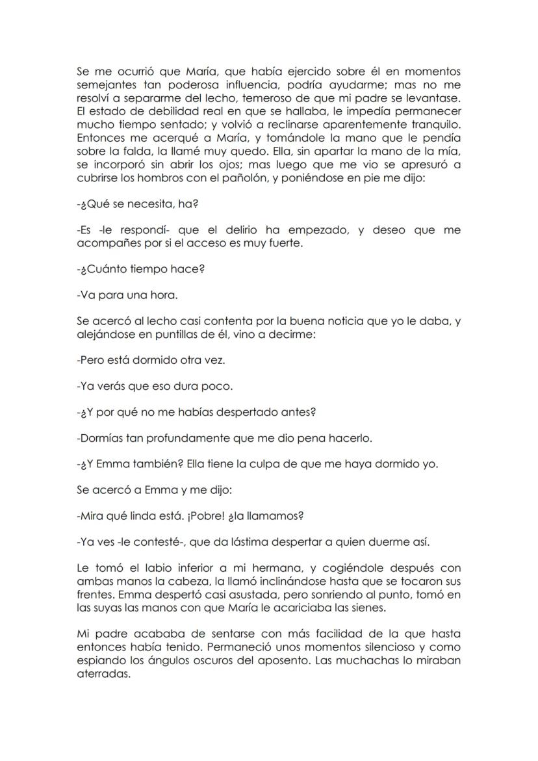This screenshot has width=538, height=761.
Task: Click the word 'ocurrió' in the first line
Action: (x=130, y=71)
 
